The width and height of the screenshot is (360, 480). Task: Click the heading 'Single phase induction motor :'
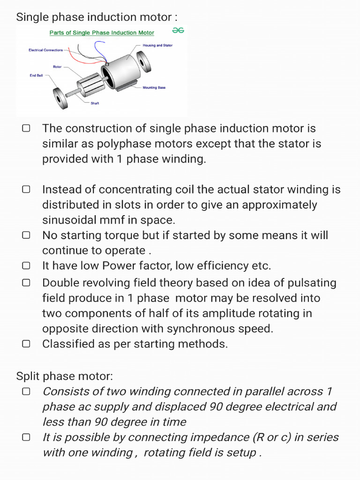97,17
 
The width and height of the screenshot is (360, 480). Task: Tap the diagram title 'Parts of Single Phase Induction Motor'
102,33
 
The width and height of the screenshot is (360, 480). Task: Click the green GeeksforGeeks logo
178,30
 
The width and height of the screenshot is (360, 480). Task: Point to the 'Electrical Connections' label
45,50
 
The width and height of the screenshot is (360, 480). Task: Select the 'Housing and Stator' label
157,45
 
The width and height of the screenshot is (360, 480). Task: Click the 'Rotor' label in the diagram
57,67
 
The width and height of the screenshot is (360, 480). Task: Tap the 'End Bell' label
36,75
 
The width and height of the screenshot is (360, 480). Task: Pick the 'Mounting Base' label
154,88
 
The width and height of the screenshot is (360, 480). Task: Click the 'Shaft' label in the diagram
95,103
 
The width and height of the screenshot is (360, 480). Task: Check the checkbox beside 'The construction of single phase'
26,128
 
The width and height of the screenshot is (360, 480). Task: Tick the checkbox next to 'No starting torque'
26,235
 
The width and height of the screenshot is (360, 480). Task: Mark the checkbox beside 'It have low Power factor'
26,265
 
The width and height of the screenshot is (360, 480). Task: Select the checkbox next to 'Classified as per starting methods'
26,344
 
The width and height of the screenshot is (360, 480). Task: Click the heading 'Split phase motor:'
65,376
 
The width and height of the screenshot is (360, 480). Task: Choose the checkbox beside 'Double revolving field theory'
26,283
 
